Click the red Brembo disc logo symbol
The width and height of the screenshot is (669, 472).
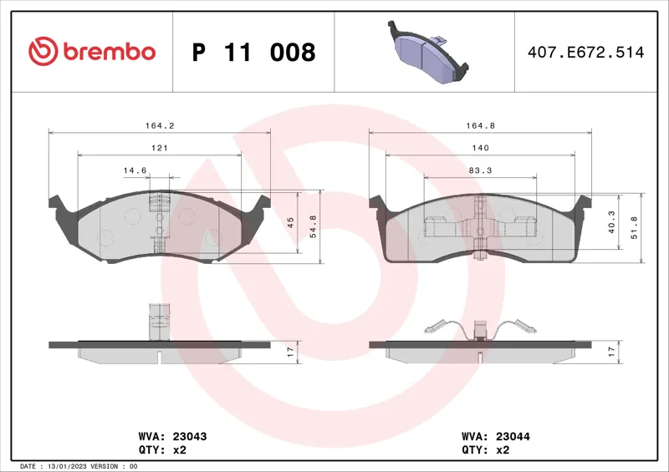point(43,51)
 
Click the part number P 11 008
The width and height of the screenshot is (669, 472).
point(254,52)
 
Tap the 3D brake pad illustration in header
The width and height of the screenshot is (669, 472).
point(428,52)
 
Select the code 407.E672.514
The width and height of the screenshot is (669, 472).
point(586,52)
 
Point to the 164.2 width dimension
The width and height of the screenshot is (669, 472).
point(160,126)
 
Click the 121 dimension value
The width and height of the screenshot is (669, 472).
point(160,148)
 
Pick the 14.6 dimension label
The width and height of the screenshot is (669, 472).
point(135,170)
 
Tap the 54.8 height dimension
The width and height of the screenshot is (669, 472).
point(313,226)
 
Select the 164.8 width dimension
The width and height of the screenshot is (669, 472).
point(480,126)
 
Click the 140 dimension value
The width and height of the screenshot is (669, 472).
point(480,148)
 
